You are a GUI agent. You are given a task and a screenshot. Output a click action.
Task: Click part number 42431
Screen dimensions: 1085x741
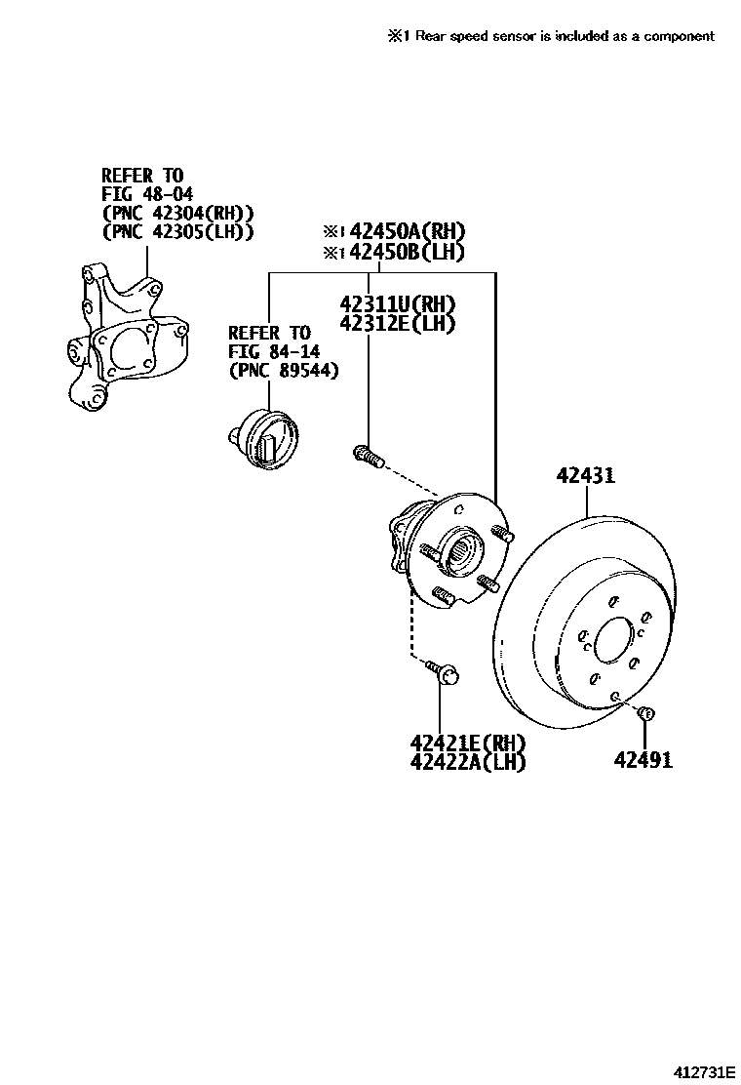pyautogui.click(x=585, y=476)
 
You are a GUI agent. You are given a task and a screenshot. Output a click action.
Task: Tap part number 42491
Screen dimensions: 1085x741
pyautogui.click(x=643, y=759)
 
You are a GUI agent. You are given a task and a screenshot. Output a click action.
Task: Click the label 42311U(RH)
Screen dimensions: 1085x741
pyautogui.click(x=398, y=303)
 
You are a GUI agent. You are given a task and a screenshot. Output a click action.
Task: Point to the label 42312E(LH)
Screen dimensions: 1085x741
pyautogui.click(x=398, y=323)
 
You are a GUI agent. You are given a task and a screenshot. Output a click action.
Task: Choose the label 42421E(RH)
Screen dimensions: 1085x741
pyautogui.click(x=468, y=743)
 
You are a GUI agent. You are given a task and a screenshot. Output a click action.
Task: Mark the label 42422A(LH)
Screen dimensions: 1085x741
pyautogui.click(x=468, y=763)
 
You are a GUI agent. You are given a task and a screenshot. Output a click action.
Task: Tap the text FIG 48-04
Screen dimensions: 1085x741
pyautogui.click(x=147, y=194)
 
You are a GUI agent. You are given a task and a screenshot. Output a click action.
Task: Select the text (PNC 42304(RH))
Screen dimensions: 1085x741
pyautogui.click(x=177, y=213)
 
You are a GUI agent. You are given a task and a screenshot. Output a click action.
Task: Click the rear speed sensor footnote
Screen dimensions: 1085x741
pyautogui.click(x=551, y=36)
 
